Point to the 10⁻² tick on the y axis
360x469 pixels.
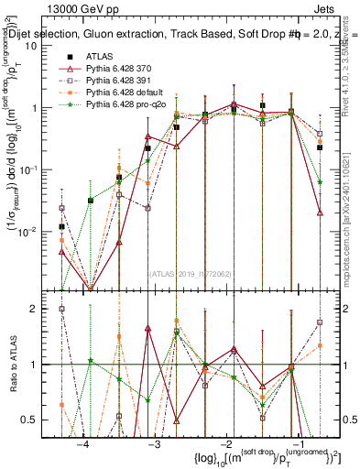[x=34, y=230]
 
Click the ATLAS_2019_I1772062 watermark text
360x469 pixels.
[x=190, y=272]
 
